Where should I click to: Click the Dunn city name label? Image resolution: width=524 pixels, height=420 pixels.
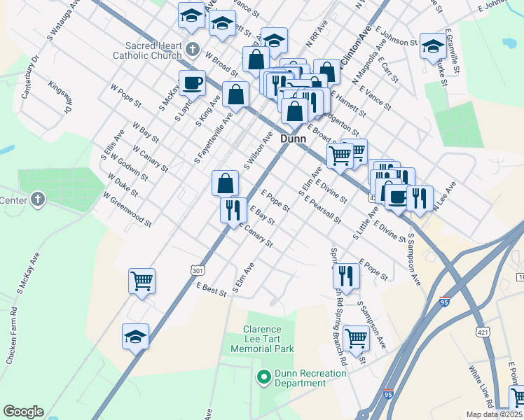pos(293,139)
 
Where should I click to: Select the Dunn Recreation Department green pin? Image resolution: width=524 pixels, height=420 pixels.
pos(264,378)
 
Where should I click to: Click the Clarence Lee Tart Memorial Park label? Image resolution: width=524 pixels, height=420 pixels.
pos(262,339)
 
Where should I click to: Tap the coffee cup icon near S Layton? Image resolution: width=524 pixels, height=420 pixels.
pos(192,83)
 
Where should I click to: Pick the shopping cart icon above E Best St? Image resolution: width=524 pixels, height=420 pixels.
pos(142,281)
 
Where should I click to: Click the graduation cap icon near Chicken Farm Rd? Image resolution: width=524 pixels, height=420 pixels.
pos(135,337)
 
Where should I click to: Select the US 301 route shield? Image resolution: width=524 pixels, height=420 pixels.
pos(198,271)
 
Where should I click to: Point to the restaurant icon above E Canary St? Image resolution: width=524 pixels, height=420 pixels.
pos(232,209)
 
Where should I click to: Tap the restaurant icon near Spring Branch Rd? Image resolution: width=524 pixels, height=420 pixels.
pos(347,276)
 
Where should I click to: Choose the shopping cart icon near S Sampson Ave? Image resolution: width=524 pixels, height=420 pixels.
pos(356,339)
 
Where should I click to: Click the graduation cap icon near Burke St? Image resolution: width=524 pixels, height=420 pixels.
pos(433,47)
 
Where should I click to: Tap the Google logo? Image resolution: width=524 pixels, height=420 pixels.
pos(23,412)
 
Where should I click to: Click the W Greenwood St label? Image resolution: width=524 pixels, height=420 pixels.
pos(127,210)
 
